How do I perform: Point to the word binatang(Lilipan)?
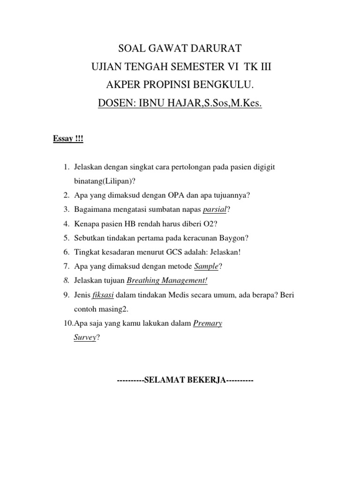100,181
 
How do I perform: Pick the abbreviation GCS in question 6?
175,252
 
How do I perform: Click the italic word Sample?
206,266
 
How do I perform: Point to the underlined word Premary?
208,323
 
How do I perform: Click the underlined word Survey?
85,337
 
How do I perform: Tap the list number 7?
66,266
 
